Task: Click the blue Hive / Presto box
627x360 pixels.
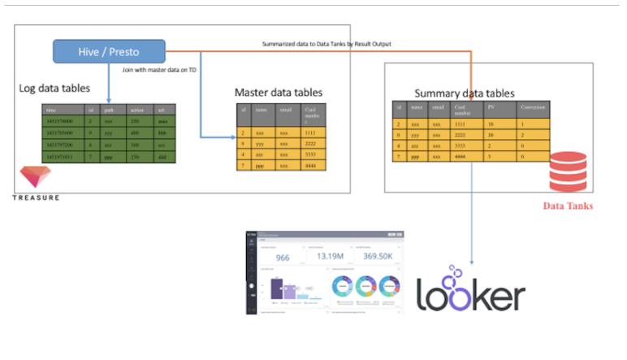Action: pos(110,51)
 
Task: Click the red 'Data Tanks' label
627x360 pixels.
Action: pos(569,206)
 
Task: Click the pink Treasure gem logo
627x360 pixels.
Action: pos(34,176)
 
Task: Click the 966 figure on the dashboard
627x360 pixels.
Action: pos(283,258)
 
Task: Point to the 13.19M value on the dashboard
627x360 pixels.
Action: pos(331,257)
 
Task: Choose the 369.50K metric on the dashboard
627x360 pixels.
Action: pos(379,257)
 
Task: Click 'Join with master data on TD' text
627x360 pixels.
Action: pos(158,70)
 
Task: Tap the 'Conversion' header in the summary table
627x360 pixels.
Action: pos(534,106)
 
